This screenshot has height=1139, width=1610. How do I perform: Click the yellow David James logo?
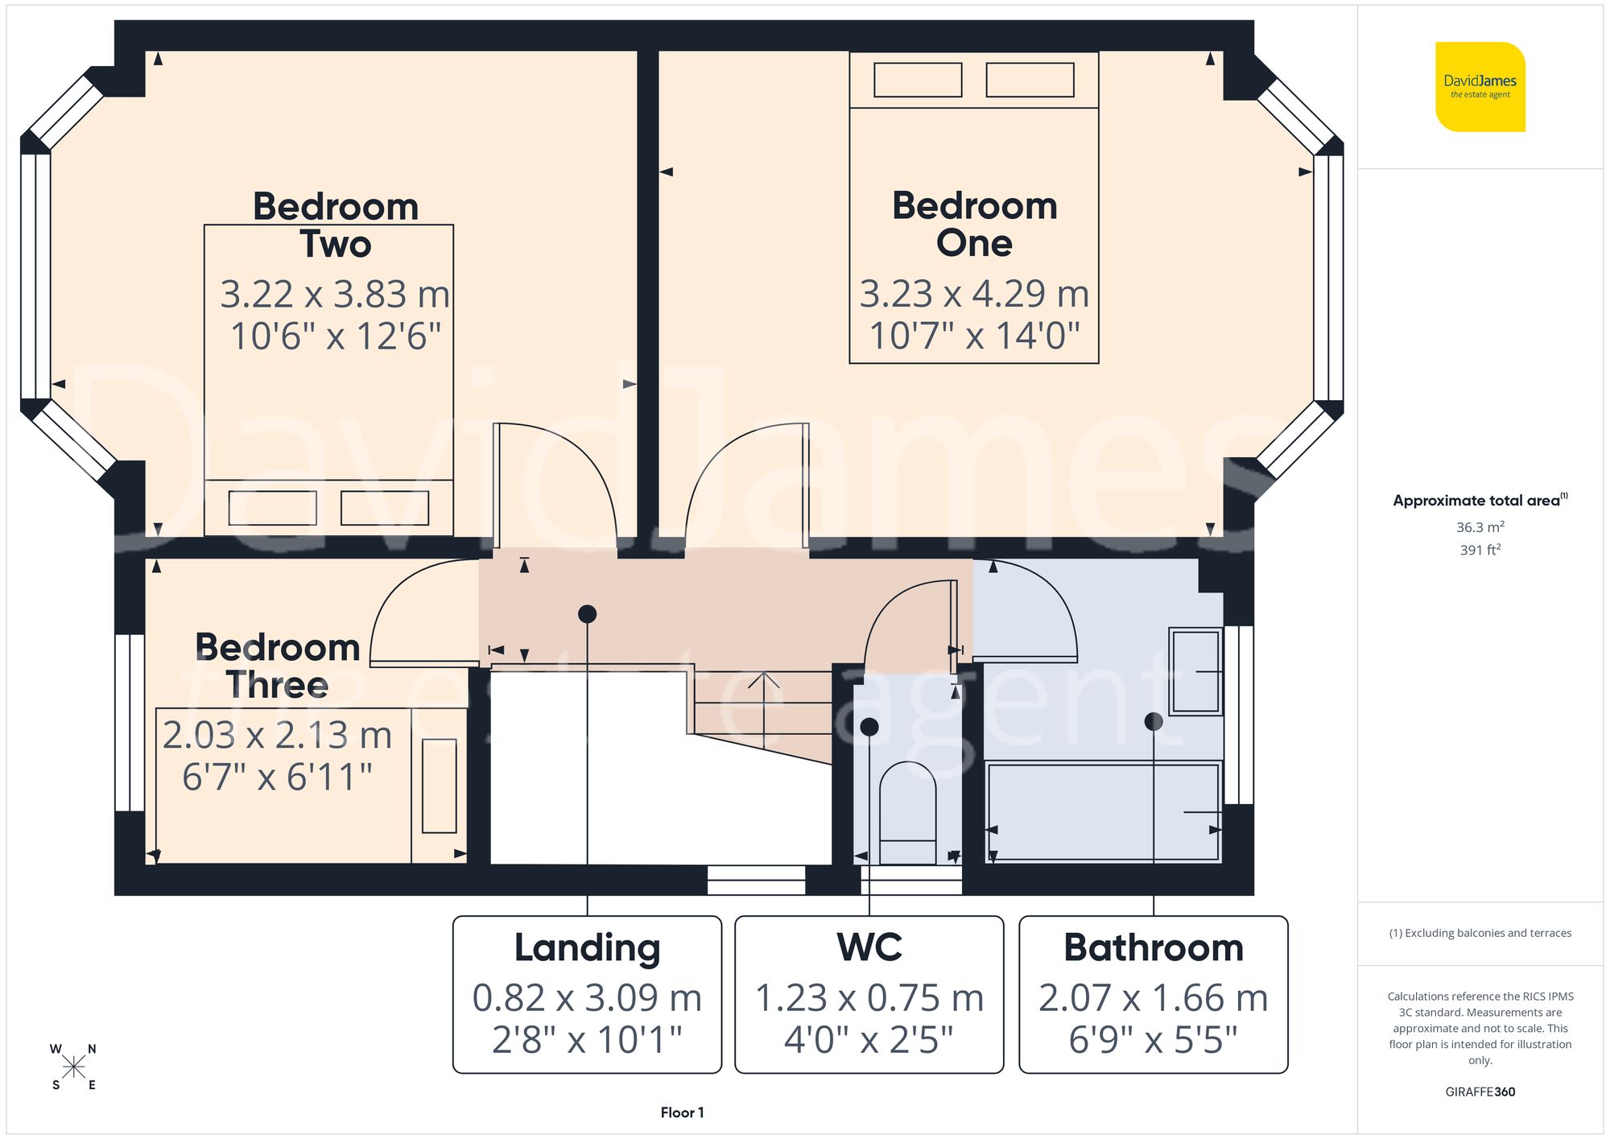(x=1480, y=87)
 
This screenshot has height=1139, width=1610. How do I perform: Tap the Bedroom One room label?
(x=974, y=224)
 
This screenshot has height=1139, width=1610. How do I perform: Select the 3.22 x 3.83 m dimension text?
(x=335, y=294)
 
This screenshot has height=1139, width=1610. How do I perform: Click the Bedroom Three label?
(x=278, y=666)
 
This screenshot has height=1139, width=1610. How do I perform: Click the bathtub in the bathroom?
(x=1103, y=811)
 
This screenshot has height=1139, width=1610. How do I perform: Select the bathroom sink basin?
(x=1195, y=671)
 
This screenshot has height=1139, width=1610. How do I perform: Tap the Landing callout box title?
(x=587, y=947)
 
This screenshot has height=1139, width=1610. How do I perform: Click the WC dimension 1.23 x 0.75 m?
(x=869, y=998)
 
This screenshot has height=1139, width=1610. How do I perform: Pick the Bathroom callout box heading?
(x=1153, y=947)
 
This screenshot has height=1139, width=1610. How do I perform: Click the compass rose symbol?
(x=73, y=1067)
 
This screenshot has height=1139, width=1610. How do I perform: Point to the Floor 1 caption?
(x=682, y=1112)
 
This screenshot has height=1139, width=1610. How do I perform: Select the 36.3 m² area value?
(x=1480, y=527)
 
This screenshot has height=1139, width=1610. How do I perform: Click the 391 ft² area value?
(x=1480, y=550)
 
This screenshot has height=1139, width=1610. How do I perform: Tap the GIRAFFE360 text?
(x=1480, y=1092)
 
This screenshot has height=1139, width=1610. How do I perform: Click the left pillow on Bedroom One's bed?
(x=918, y=80)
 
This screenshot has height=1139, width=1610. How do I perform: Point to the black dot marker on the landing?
(x=587, y=614)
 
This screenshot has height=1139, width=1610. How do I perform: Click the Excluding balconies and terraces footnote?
(x=1480, y=933)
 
